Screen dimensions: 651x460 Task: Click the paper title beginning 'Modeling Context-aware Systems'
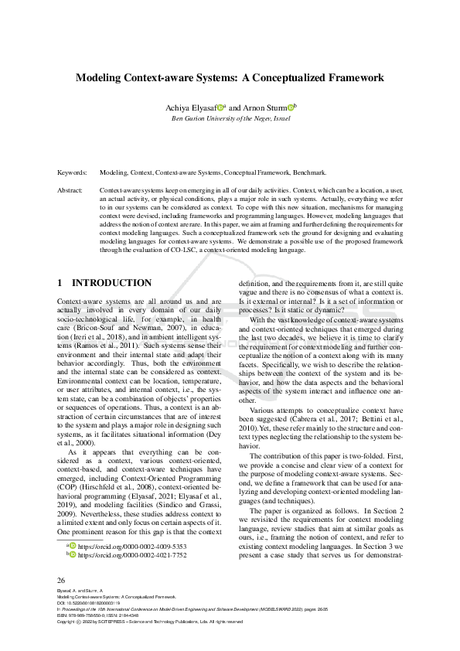[230, 77]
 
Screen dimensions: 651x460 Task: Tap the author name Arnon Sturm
[265, 108]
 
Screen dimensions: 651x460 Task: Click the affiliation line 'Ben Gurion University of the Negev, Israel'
[230, 118]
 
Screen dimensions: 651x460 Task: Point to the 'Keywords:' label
[72, 175]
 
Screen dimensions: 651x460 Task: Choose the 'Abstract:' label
[70, 189]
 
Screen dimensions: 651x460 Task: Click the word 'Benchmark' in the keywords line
[319, 175]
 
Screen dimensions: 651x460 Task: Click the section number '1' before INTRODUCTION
[61, 283]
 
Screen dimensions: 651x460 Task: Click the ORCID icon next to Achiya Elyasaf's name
[220, 108]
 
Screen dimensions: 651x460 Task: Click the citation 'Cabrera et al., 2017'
[288, 419]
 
